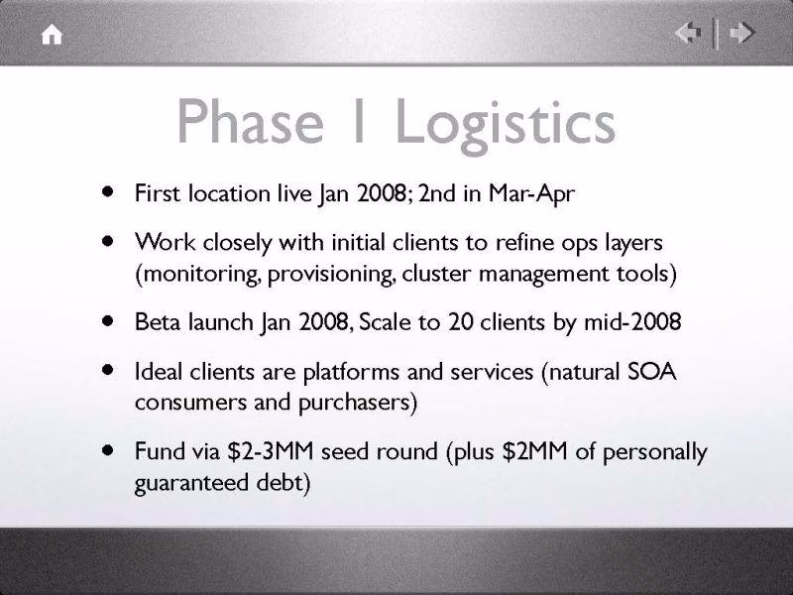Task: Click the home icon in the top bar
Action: [52, 35]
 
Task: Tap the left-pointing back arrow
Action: [688, 34]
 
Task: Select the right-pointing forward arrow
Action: [741, 34]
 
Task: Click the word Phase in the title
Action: [251, 122]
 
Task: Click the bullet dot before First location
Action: [107, 191]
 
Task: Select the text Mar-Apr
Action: [531, 193]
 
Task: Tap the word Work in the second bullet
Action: [166, 242]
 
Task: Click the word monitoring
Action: [200, 275]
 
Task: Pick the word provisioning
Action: [331, 275]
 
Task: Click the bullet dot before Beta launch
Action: [107, 320]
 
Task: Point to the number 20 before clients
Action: [460, 321]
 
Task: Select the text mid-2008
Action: [632, 321]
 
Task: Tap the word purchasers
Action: [355, 403]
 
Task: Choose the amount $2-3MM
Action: [271, 451]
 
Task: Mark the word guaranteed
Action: [191, 483]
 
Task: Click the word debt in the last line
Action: [280, 482]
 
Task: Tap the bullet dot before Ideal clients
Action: [107, 369]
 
